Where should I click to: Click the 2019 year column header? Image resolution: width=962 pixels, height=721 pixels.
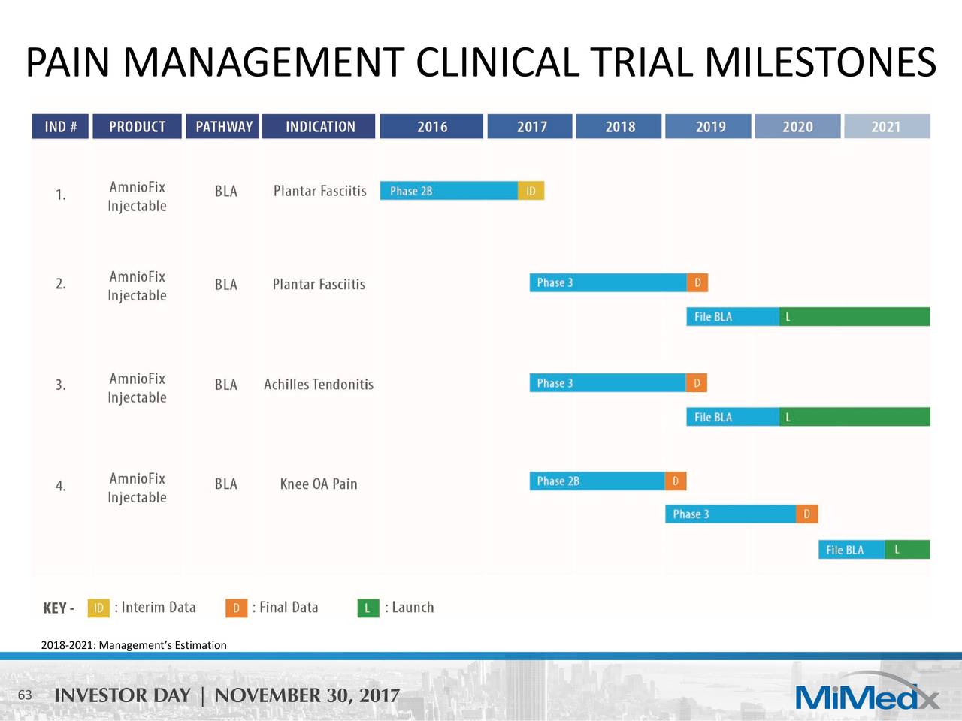(x=708, y=126)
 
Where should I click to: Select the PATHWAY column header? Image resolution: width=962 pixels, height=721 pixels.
(x=223, y=126)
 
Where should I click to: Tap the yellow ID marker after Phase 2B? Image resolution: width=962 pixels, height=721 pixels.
(x=531, y=191)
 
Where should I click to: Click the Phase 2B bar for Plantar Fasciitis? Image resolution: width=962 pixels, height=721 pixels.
(x=449, y=191)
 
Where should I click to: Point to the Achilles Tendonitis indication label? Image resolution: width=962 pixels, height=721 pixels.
(x=319, y=385)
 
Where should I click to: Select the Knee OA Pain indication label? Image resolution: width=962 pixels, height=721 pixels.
(x=319, y=484)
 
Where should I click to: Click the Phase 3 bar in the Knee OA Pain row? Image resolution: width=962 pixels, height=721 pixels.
(x=730, y=514)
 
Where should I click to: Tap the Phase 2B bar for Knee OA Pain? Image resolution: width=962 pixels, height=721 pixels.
(x=597, y=481)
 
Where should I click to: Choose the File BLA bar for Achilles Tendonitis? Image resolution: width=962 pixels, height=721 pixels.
(x=732, y=417)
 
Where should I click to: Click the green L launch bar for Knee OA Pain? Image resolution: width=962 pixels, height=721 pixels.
(x=907, y=550)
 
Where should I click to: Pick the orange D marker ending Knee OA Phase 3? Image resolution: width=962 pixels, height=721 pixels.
(x=806, y=514)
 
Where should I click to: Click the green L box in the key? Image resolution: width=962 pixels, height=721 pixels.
(x=368, y=608)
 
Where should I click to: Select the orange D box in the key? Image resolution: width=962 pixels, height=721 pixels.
(x=236, y=608)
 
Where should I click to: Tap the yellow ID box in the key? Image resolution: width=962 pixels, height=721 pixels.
(x=98, y=608)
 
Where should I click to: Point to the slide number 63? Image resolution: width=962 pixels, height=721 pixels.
(x=25, y=695)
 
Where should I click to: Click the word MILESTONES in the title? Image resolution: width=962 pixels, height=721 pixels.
(x=820, y=62)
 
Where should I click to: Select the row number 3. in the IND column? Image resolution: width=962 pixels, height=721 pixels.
(x=60, y=385)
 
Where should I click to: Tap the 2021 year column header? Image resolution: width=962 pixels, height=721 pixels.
(x=886, y=126)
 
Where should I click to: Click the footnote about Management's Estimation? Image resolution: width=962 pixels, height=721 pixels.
(x=134, y=645)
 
